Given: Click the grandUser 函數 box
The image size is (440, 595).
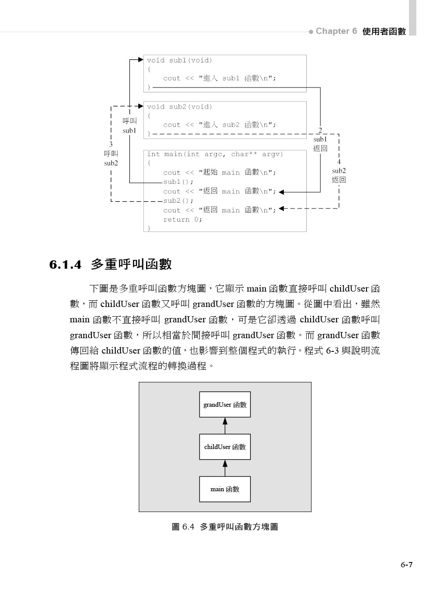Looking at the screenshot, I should [x=225, y=405].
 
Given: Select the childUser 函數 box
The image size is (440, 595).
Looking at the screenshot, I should [x=225, y=447].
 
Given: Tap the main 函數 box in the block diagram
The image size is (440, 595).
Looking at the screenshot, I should [x=225, y=489].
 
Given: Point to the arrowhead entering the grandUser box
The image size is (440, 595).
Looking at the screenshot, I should [x=225, y=421].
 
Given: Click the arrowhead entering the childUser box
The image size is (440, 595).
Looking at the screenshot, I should [x=225, y=463].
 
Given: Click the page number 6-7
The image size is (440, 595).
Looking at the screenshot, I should [x=406, y=565].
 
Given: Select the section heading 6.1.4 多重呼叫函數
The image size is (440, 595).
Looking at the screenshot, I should [x=110, y=264].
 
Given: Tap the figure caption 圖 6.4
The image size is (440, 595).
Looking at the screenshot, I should [x=224, y=527].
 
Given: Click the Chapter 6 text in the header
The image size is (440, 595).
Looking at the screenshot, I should [x=336, y=31].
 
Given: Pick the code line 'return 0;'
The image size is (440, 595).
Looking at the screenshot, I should [x=183, y=219].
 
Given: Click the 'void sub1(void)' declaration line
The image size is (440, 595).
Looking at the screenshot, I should [x=180, y=60].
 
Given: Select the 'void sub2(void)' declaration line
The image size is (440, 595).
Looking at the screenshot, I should [x=180, y=107].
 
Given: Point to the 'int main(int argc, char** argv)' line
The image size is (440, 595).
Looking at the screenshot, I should [x=215, y=154].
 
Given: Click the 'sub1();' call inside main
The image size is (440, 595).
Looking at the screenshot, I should [x=178, y=182].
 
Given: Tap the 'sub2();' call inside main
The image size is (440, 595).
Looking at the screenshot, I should [x=178, y=201].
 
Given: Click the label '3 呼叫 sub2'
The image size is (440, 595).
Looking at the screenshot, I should [x=111, y=154].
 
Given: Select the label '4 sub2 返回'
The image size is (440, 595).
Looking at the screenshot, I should [x=339, y=171].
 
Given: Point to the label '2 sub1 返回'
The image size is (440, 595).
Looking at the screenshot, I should [x=320, y=139].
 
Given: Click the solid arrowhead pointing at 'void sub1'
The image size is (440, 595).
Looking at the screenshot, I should [x=141, y=59].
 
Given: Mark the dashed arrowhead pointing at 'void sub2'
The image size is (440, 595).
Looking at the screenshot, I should [x=141, y=106].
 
